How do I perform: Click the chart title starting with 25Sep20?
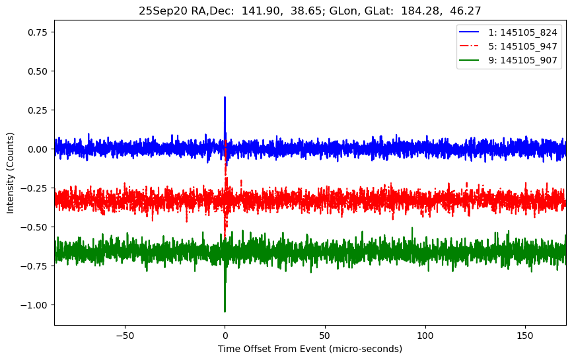(310, 11)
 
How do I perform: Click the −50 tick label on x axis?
(124, 335)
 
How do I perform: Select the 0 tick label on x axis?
(225, 335)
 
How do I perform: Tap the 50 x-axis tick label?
(325, 335)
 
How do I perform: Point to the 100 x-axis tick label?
(425, 335)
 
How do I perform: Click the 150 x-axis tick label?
(525, 335)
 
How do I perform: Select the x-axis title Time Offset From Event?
(310, 349)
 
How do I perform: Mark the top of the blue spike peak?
(225, 97)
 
